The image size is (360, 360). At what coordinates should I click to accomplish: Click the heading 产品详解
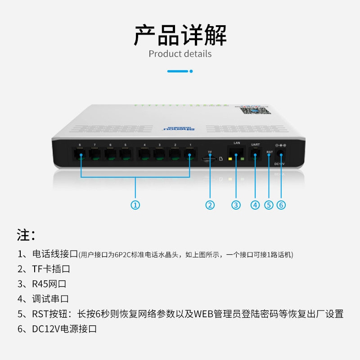tap(180, 35)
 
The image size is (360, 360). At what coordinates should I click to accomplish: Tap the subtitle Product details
tap(180, 54)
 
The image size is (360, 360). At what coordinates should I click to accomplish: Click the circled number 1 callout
tap(135, 205)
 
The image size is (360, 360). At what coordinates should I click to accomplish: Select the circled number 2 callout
tap(210, 205)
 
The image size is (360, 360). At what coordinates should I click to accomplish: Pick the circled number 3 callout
tap(236, 205)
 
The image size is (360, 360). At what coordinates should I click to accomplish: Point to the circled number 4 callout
tap(256, 205)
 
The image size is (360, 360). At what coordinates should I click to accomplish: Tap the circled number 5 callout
tap(269, 205)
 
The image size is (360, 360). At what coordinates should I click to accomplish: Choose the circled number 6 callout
tap(281, 205)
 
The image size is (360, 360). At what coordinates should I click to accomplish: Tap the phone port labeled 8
tap(80, 154)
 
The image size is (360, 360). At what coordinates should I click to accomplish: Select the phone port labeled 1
tap(190, 154)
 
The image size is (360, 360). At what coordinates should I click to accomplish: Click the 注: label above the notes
tap(26, 234)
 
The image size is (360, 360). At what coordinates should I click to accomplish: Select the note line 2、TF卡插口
tap(44, 269)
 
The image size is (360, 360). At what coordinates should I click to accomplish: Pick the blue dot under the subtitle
tap(191, 71)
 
